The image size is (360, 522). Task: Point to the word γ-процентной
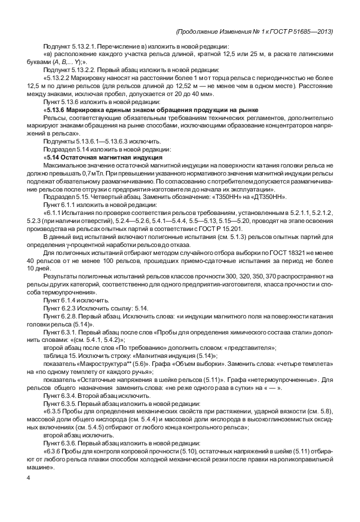80,244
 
